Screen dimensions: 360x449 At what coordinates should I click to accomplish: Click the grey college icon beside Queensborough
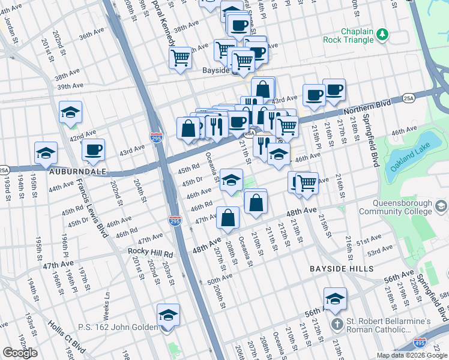[x=441, y=207]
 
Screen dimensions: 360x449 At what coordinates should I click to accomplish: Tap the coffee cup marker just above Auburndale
[x=93, y=150]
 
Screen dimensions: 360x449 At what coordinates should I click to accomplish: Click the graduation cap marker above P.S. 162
[x=168, y=315]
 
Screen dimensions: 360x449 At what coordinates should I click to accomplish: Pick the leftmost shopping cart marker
[x=180, y=58]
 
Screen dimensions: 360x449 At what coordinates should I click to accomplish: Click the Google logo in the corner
[x=20, y=353]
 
